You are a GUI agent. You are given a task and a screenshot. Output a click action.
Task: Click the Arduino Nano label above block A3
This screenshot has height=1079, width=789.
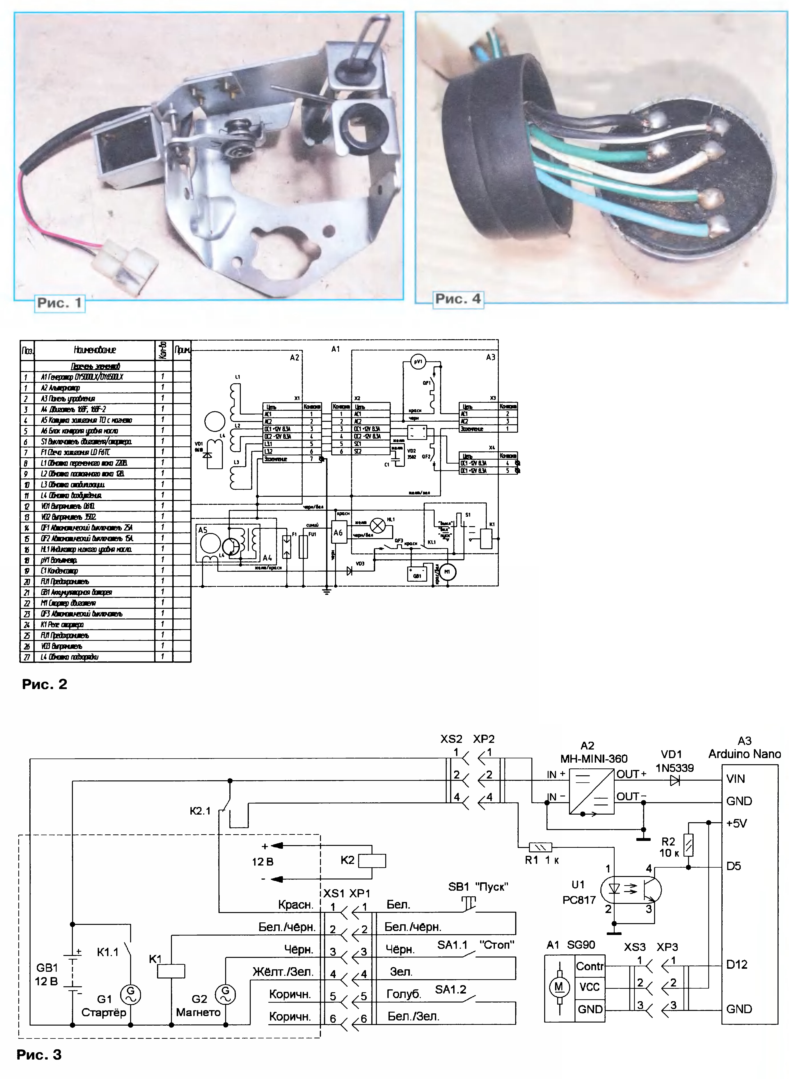coord(744,754)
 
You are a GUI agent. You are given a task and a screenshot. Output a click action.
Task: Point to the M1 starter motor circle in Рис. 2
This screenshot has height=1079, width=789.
coord(447,572)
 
